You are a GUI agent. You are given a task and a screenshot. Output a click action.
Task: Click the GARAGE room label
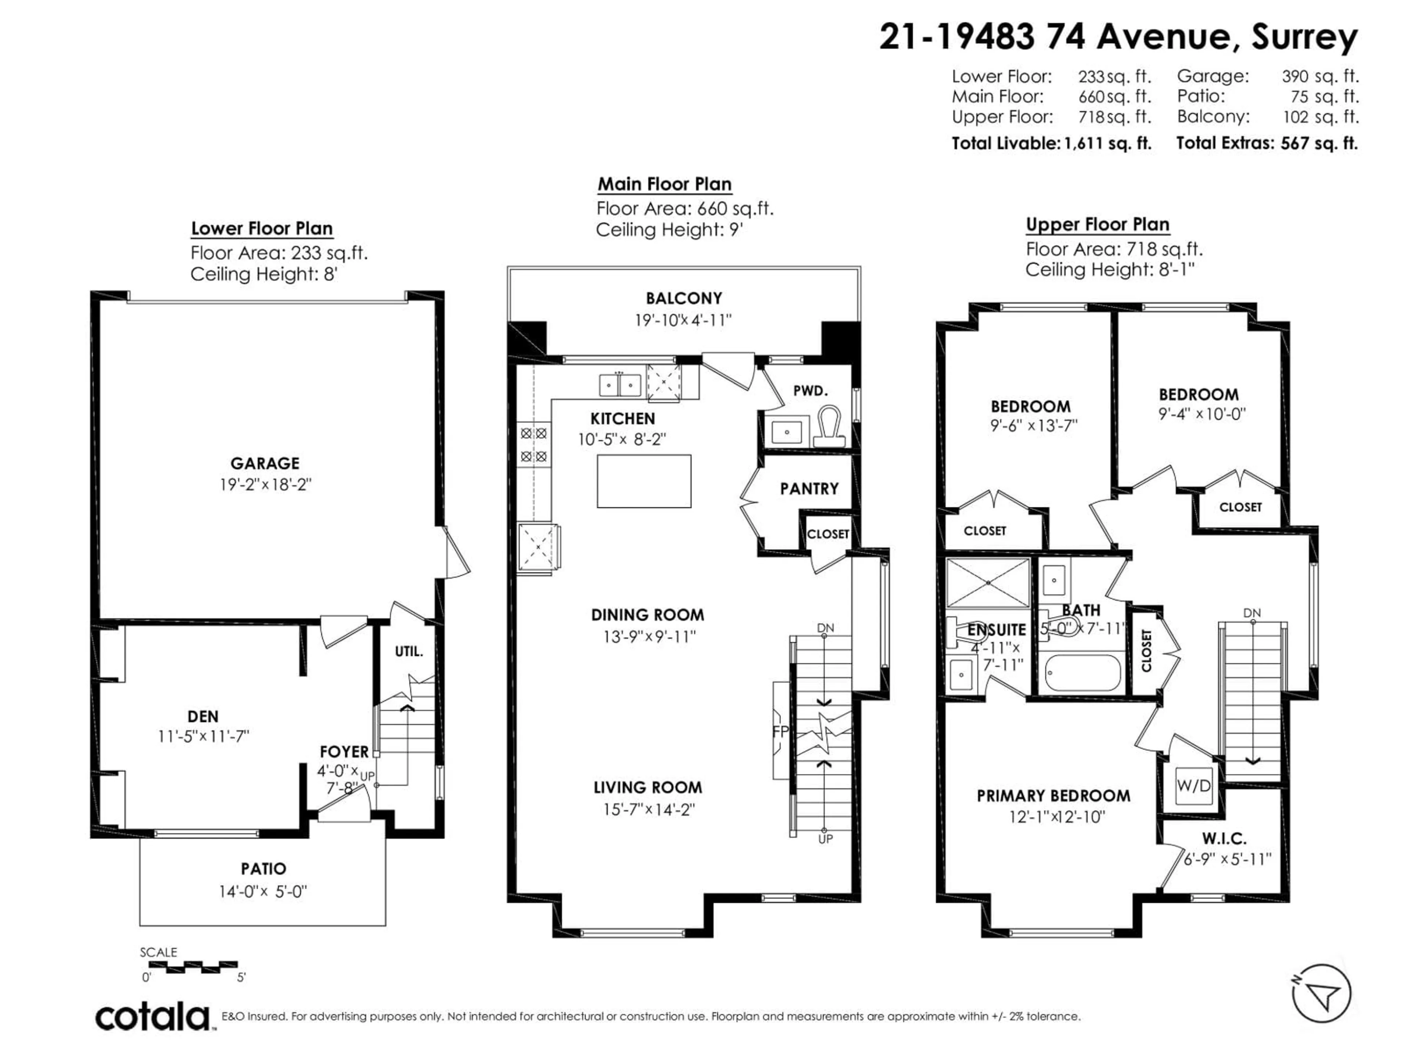click(265, 463)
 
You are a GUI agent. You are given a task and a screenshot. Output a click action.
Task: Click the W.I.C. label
click(1224, 838)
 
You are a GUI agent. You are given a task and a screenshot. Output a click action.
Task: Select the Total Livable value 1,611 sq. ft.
click(1107, 144)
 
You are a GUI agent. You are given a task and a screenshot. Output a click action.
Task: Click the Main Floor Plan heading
click(664, 184)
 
